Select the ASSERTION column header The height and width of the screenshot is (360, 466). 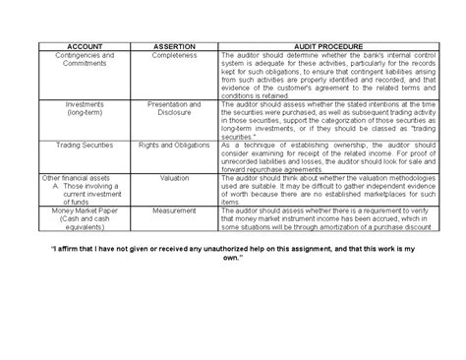point(174,46)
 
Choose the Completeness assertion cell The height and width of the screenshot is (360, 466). point(174,56)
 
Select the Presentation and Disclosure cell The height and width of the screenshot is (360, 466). point(174,107)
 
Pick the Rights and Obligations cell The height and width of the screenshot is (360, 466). point(174,144)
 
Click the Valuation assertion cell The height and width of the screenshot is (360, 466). point(174,180)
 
